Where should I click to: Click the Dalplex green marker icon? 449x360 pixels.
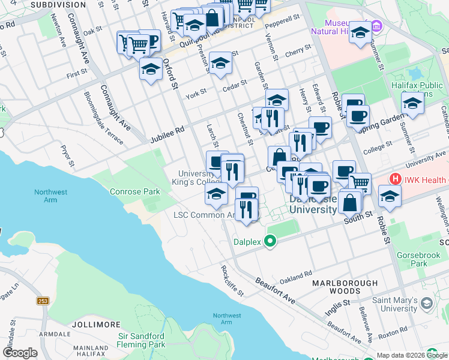click(271, 242)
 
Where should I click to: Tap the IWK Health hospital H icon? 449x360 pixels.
click(395, 179)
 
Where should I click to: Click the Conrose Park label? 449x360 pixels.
click(135, 192)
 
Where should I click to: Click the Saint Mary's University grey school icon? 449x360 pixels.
click(426, 304)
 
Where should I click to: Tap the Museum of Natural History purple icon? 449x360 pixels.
click(376, 26)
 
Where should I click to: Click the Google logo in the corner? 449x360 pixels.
click(20, 352)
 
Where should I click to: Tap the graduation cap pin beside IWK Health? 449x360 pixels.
click(390, 196)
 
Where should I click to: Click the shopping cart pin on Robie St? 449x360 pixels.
click(360, 182)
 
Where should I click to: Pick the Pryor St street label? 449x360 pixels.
click(67, 154)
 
